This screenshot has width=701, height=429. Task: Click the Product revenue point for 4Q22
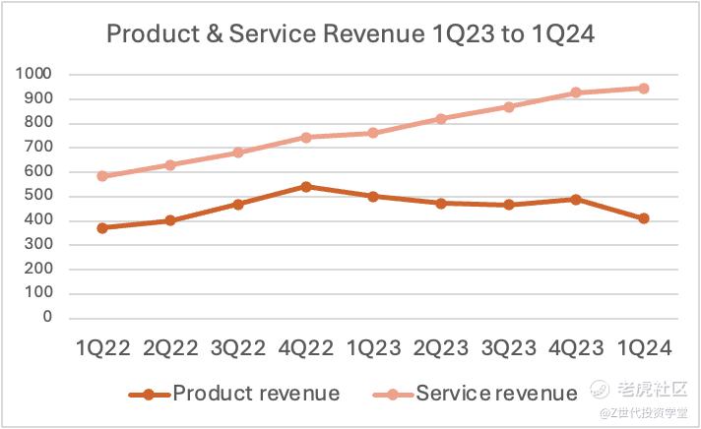tap(305, 186)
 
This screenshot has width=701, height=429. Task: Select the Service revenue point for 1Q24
tap(644, 89)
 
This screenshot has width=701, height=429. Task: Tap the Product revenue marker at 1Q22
tap(101, 227)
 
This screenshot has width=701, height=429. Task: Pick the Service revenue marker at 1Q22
tap(101, 176)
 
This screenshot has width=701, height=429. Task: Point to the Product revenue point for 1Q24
tap(644, 218)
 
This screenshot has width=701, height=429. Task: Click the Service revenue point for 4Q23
tap(576, 92)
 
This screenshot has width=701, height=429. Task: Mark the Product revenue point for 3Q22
tap(237, 204)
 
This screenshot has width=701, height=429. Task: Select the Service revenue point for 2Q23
tap(441, 118)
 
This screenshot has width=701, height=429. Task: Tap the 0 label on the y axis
tap(46, 318)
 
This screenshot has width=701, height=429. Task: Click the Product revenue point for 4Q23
tap(576, 199)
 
